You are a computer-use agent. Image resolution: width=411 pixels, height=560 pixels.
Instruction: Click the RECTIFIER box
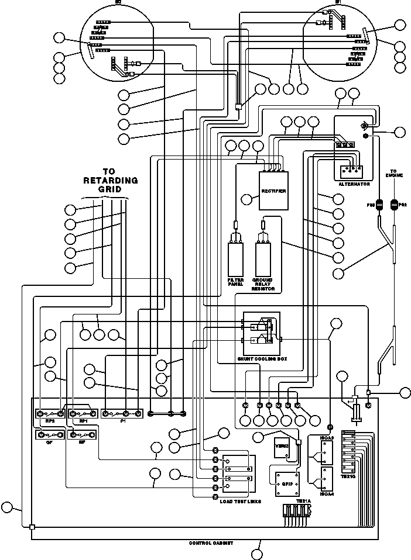[275, 191]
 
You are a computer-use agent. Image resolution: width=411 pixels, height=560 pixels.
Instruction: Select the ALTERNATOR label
[354, 184]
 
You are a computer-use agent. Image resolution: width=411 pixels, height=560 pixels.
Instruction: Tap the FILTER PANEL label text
[235, 282]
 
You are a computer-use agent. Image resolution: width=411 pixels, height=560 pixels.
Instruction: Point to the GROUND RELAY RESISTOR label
[263, 284]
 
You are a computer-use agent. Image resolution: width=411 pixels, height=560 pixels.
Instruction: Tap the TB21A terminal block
[297, 513]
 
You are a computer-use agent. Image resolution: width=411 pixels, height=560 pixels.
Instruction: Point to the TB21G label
[348, 476]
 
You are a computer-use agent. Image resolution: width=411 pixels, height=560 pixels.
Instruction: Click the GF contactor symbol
[50, 435]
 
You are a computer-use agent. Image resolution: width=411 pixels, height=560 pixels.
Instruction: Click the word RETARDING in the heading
[111, 181]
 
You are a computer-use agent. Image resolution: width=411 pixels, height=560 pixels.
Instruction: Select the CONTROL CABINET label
[210, 543]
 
